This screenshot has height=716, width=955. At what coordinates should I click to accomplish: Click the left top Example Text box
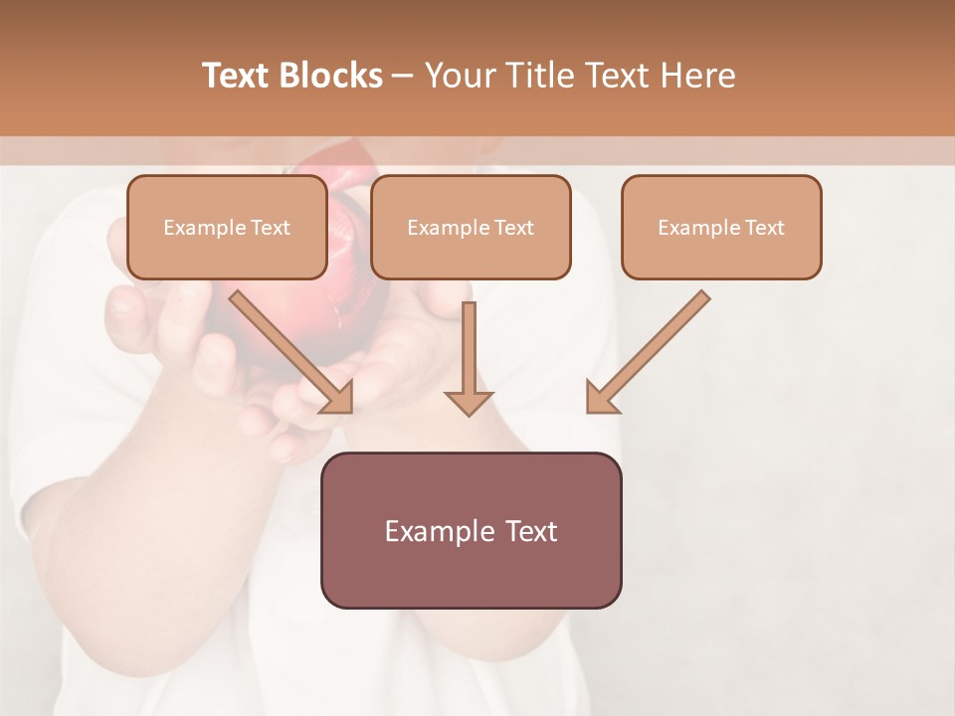227,227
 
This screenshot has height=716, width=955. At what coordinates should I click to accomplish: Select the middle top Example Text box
471,227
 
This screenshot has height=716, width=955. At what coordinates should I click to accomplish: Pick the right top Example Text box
721,227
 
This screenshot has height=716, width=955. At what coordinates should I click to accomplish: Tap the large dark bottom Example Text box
471,530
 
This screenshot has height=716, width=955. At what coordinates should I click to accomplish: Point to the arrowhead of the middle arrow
469,401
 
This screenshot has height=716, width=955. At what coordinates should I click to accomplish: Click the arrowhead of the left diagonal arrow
338,398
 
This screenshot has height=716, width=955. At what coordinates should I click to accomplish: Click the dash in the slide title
403,76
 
